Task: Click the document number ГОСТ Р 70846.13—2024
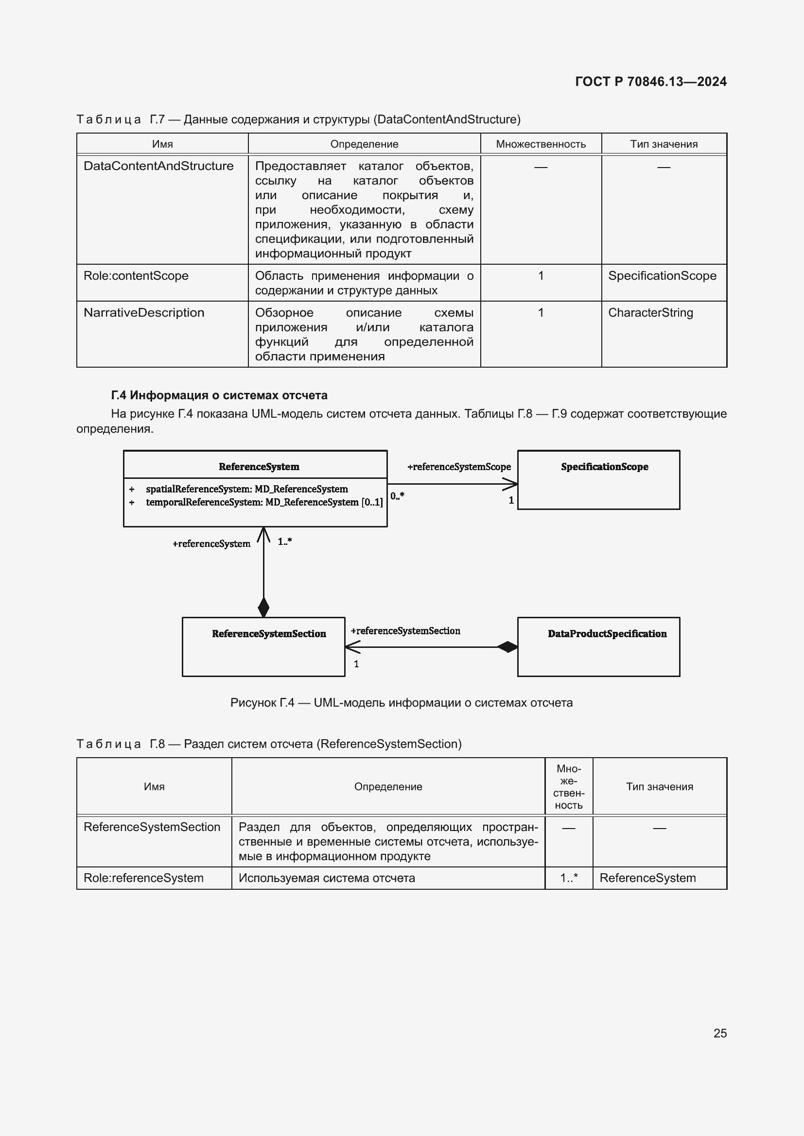pyautogui.click(x=650, y=82)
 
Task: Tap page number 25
pyautogui.click(x=720, y=1033)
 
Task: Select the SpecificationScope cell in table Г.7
pyautogui.click(x=662, y=275)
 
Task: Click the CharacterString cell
pyautogui.click(x=650, y=313)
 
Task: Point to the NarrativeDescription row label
pyautogui.click(x=143, y=313)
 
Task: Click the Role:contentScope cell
pyautogui.click(x=136, y=275)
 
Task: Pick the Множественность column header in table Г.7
pyautogui.click(x=541, y=144)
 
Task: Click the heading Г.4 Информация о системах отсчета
pyautogui.click(x=219, y=395)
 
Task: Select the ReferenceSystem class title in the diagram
pyautogui.click(x=259, y=467)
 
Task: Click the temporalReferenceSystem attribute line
pyautogui.click(x=264, y=502)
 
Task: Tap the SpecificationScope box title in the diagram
pyautogui.click(x=604, y=467)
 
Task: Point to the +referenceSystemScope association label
pyautogui.click(x=458, y=467)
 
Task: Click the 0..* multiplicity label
pyautogui.click(x=397, y=496)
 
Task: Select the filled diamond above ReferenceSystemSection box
pyautogui.click(x=263, y=607)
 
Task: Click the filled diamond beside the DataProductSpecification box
pyautogui.click(x=507, y=646)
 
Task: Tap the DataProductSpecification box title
pyautogui.click(x=607, y=634)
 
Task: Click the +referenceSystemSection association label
pyautogui.click(x=405, y=631)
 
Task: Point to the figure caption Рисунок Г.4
pyautogui.click(x=401, y=703)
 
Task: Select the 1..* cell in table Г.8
pyautogui.click(x=568, y=878)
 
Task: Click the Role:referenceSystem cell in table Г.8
pyautogui.click(x=143, y=878)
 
